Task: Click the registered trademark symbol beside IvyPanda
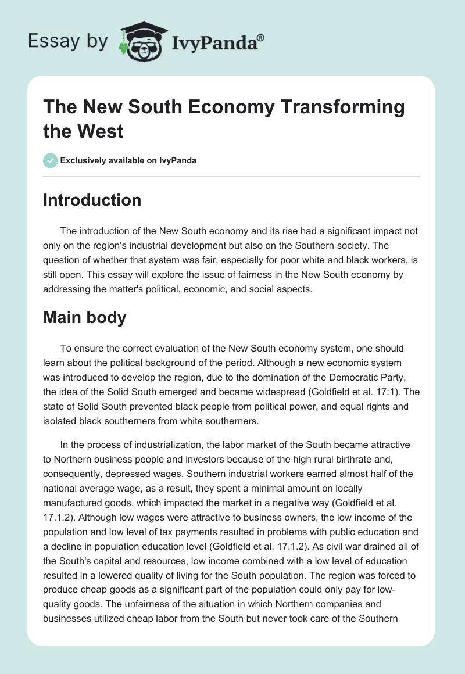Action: pyautogui.click(x=261, y=38)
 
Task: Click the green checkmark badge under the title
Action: pyautogui.click(x=50, y=160)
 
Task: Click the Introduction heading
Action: pyautogui.click(x=92, y=200)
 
